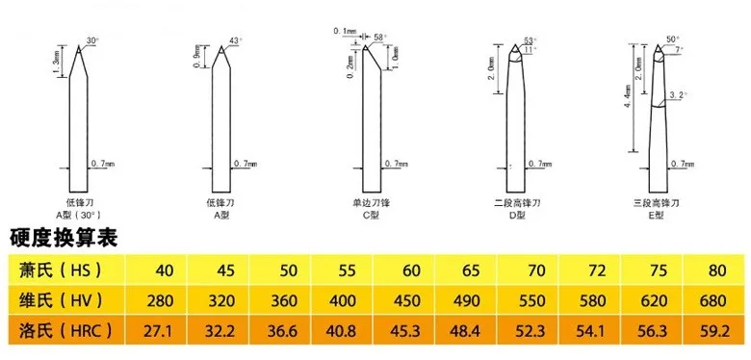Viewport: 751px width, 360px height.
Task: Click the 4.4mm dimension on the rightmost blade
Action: pos(626,96)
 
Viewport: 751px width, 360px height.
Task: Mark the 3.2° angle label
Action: pos(678,96)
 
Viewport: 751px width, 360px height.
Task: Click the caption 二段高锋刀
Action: pos(521,203)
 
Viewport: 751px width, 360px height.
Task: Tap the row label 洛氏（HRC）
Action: pos(60,332)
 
